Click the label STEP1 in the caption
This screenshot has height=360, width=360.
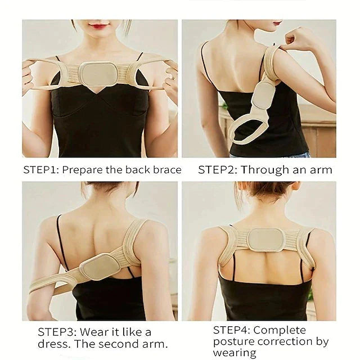pyautogui.click(x=40, y=169)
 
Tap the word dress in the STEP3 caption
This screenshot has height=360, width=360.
pyautogui.click(x=52, y=344)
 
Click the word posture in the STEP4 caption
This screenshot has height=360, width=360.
pyautogui.click(x=232, y=341)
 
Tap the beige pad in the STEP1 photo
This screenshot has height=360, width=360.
pyautogui.click(x=98, y=73)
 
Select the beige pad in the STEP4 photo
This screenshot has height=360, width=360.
pyautogui.click(x=267, y=240)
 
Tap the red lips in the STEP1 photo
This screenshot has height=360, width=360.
pyautogui.click(x=99, y=26)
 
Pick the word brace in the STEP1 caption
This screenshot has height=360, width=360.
pyautogui.click(x=168, y=169)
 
